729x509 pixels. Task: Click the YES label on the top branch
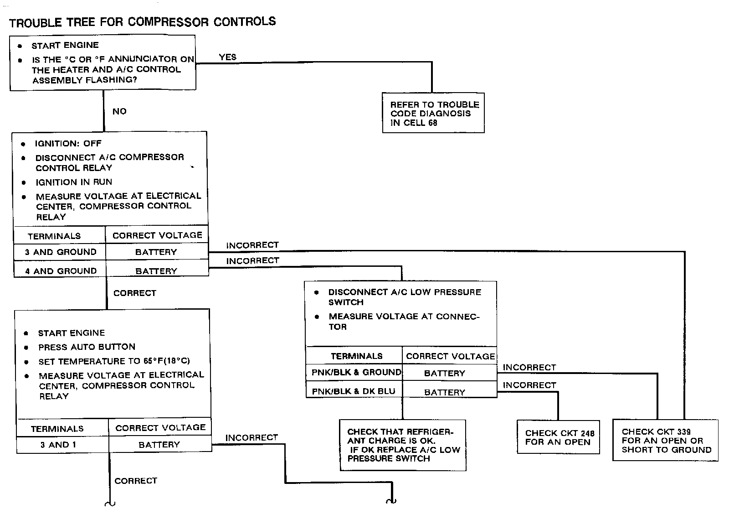(227, 57)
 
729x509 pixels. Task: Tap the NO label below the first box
(119, 111)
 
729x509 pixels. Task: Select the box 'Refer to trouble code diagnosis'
(433, 113)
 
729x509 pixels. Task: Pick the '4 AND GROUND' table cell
(61, 271)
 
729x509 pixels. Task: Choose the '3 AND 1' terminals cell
(58, 445)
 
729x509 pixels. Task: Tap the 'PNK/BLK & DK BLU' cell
(354, 391)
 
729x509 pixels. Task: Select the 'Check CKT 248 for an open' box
(559, 437)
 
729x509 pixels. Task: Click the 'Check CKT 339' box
(666, 441)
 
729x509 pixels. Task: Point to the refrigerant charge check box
(403, 445)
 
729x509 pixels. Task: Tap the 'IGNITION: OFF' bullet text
(68, 144)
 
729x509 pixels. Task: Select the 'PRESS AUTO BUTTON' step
(87, 347)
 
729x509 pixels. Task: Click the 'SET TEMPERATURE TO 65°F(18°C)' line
(114, 361)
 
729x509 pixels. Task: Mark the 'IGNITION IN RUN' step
(74, 182)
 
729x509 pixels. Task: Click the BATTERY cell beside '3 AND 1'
(159, 445)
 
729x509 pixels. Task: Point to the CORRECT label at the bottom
(136, 481)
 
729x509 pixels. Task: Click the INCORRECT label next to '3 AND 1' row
(252, 438)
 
